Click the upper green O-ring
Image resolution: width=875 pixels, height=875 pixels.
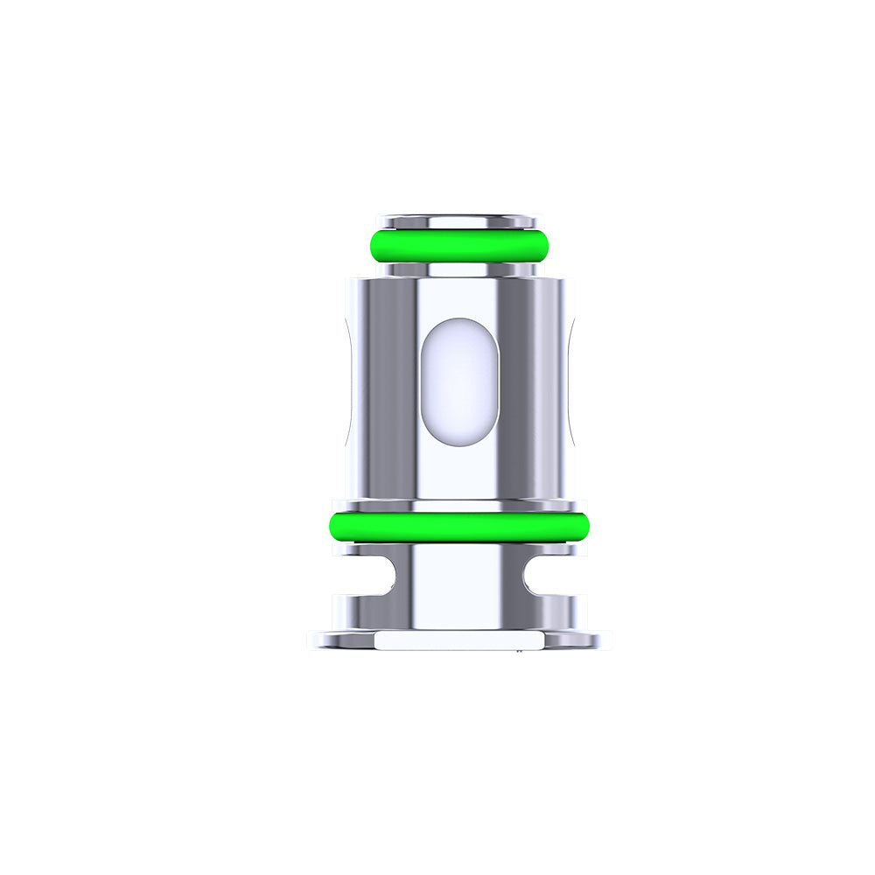pyautogui.click(x=459, y=245)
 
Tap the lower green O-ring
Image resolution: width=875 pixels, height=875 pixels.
pyautogui.click(x=459, y=526)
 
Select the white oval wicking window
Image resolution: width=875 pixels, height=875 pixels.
pyautogui.click(x=460, y=381)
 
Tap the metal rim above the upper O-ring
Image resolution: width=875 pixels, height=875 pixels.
pyautogui.click(x=459, y=220)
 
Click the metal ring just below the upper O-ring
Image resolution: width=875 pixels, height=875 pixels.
pyautogui.click(x=459, y=269)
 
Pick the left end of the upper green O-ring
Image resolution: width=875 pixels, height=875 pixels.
pyautogui.click(x=373, y=245)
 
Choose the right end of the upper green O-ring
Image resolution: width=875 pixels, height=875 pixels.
pyautogui.click(x=546, y=245)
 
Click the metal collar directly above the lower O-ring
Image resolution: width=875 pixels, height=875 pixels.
pyautogui.click(x=459, y=506)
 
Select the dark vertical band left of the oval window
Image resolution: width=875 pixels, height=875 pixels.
pyautogui.click(x=393, y=385)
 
